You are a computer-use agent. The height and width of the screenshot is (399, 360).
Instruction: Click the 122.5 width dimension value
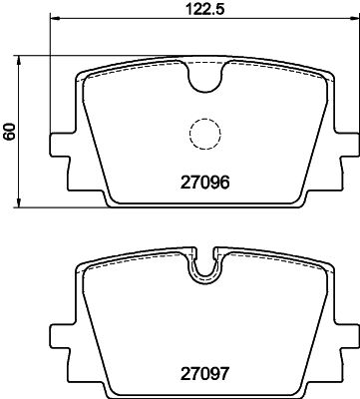204,9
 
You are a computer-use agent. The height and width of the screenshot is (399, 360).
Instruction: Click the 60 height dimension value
10,132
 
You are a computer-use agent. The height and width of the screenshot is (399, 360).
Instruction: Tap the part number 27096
204,183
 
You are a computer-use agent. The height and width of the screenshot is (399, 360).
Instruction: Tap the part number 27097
204,374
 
